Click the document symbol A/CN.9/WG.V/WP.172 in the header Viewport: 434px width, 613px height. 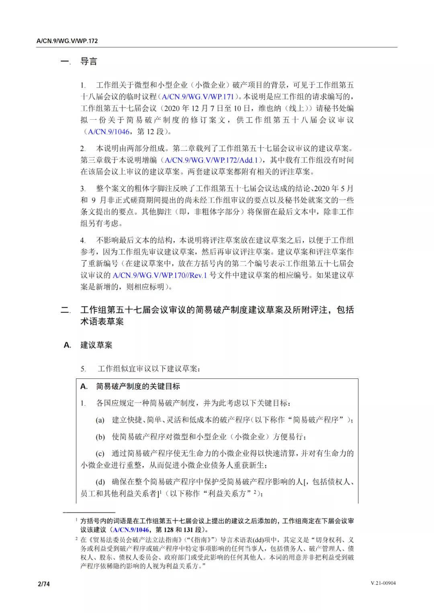67,41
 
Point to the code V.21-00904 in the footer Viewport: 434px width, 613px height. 383,583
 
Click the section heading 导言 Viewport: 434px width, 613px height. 88,61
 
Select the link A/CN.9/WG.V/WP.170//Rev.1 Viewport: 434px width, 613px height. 160,275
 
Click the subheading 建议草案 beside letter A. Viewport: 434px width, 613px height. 96,345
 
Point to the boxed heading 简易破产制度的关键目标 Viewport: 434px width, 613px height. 138,386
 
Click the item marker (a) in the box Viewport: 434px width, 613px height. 100,420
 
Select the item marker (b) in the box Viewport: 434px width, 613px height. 100,437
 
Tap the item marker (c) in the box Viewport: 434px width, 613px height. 100,454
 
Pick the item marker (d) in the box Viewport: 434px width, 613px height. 100,482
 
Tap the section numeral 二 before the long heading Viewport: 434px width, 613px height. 65,310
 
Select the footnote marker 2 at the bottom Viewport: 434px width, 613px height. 76,538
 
